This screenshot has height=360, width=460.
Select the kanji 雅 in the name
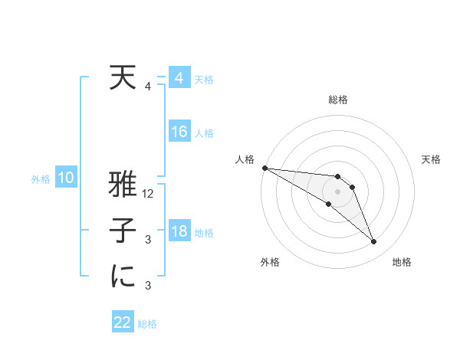tap(123, 186)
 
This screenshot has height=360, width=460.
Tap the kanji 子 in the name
tap(123, 232)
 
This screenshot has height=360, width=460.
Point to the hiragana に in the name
tap(123, 277)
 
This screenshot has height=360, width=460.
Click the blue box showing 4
tap(179, 78)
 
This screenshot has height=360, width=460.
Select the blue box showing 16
tap(179, 132)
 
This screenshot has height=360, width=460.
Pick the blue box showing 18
tap(179, 231)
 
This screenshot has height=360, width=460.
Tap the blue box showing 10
tap(66, 178)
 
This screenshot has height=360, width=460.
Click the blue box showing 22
tap(123, 322)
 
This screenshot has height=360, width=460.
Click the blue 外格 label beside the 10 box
tap(41, 179)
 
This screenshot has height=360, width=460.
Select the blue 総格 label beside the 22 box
tap(147, 324)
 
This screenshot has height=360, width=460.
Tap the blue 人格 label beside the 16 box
tap(204, 133)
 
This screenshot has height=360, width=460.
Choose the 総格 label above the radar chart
tap(338, 100)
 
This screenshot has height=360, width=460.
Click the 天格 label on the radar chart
tap(431, 159)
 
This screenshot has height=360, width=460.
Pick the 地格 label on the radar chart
tap(402, 262)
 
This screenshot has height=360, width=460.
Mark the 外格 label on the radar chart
tap(270, 262)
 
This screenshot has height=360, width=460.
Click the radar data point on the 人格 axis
tap(264, 168)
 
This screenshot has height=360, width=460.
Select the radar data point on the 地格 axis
tap(374, 242)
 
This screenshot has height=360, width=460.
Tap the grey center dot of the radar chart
tap(338, 191)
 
